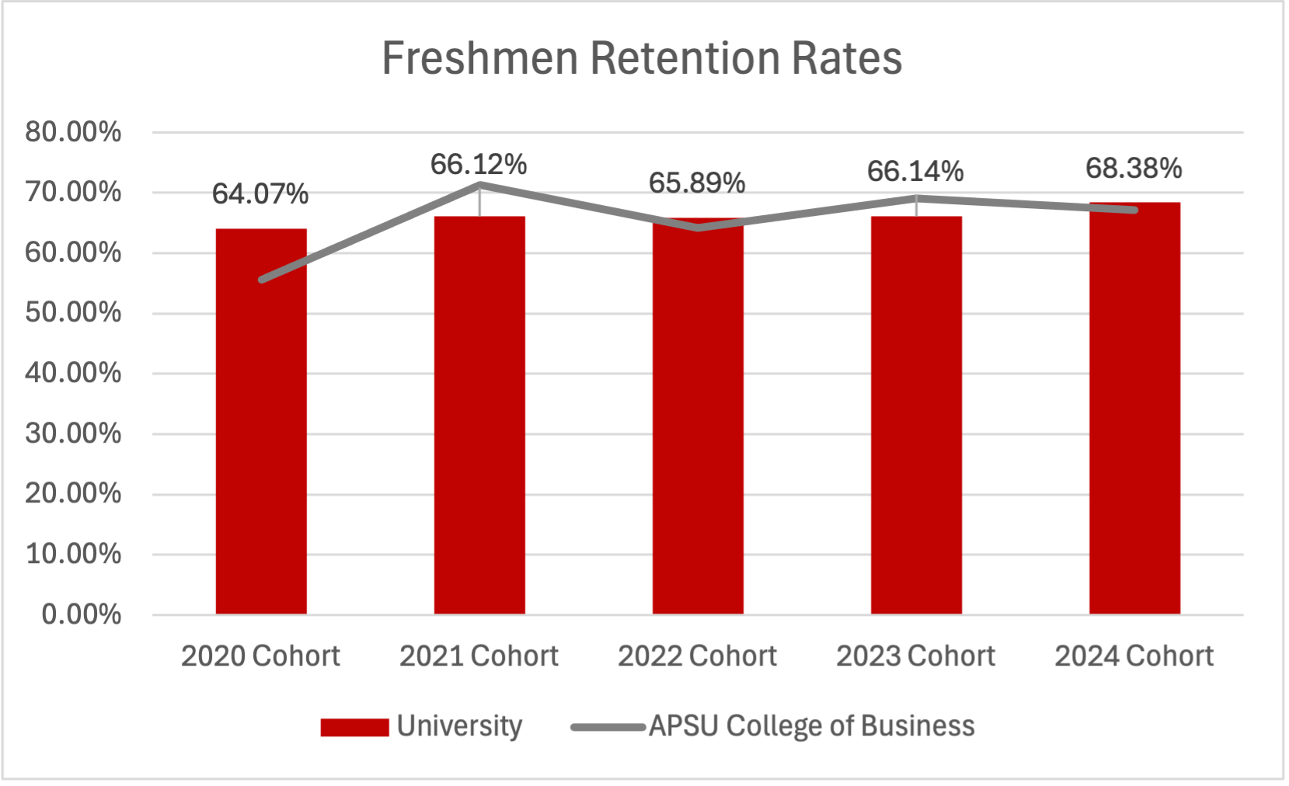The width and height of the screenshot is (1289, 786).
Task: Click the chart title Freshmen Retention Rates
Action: pos(642,58)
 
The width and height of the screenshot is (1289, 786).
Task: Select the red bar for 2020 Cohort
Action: pos(261,435)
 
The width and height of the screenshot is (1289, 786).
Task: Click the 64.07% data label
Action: pos(260,194)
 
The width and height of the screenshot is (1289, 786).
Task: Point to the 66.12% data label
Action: pos(479,165)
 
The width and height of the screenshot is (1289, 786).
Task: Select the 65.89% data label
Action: pos(697,183)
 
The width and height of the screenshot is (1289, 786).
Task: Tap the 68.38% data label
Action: pos(1134,169)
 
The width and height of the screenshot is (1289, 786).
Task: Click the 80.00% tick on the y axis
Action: pos(73,132)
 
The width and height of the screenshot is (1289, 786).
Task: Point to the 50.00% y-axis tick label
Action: pos(73,313)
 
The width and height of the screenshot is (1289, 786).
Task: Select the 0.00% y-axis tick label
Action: pos(81,615)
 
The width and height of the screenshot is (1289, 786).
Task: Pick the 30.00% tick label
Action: pos(73,433)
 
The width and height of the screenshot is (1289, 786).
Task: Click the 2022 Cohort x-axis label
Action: pos(697,656)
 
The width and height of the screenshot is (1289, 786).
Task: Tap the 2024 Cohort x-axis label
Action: pos(1134,656)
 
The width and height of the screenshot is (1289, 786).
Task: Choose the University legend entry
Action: pos(422,726)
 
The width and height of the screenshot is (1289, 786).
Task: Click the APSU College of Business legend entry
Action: pos(772,726)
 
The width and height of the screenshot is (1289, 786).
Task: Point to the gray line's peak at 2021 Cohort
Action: pos(479,185)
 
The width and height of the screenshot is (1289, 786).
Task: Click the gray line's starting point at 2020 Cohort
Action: pos(262,280)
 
